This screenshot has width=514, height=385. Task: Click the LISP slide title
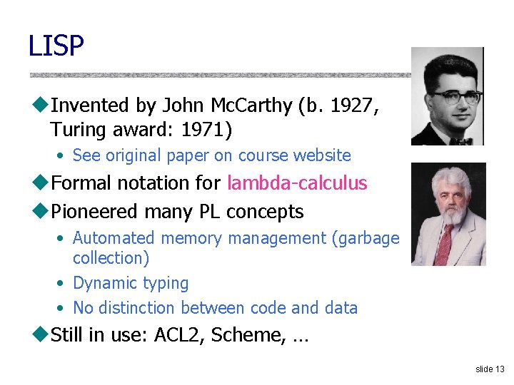tap(56, 46)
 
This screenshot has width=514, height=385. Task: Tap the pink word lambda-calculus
tap(297, 183)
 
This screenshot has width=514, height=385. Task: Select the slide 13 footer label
tap(490, 369)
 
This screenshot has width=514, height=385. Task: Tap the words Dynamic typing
tap(131, 283)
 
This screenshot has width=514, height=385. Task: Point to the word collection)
tap(111, 257)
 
